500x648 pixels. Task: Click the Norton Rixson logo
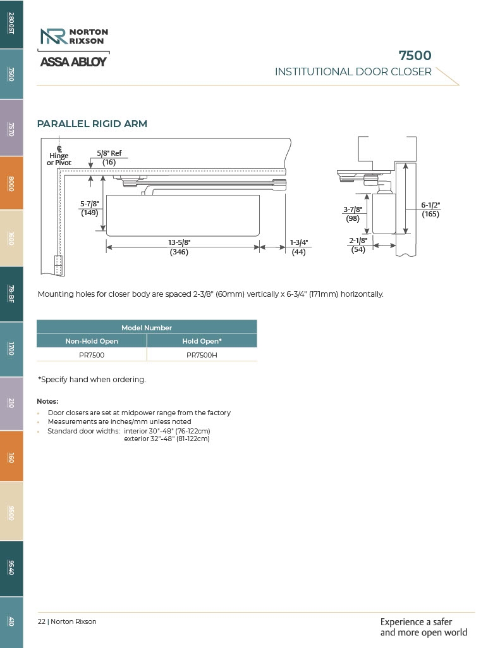click(x=74, y=36)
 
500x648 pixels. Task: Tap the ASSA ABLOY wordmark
click(x=73, y=62)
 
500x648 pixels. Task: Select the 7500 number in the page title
click(x=415, y=56)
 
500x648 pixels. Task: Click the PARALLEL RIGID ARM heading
click(x=92, y=124)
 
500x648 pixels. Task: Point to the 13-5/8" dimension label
click(x=180, y=243)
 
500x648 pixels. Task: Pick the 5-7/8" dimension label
click(x=89, y=204)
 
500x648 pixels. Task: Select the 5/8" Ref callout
click(x=109, y=153)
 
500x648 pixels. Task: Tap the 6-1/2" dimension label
click(x=430, y=205)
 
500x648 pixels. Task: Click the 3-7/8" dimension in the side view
click(x=352, y=209)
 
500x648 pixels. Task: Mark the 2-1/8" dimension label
click(x=358, y=240)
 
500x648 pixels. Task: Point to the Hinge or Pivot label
click(x=59, y=159)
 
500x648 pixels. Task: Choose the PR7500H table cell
click(x=202, y=355)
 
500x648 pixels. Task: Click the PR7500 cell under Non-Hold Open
click(x=92, y=355)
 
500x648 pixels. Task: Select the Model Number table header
click(x=147, y=328)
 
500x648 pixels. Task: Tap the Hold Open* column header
click(x=202, y=341)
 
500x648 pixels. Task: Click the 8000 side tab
click(x=11, y=183)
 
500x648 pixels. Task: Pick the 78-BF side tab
click(x=11, y=294)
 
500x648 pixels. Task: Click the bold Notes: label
click(x=47, y=401)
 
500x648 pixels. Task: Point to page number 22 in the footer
click(x=41, y=621)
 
